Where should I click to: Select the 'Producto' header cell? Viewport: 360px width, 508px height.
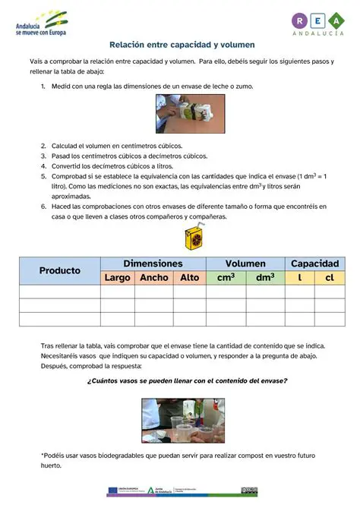[x=60, y=270]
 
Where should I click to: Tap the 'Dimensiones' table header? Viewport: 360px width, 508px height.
[x=153, y=263]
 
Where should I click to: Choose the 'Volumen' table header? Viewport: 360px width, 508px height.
[x=245, y=263]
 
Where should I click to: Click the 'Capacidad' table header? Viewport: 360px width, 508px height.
[x=314, y=263]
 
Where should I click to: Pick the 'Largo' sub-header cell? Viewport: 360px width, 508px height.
[x=117, y=278]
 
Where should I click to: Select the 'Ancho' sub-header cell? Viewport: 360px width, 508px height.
[x=154, y=278]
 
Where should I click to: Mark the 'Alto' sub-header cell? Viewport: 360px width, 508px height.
[x=189, y=278]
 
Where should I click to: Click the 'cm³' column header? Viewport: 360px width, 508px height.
[x=226, y=278]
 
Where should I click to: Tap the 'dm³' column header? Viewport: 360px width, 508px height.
[x=265, y=278]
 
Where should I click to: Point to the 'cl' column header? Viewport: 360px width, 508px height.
[x=330, y=278]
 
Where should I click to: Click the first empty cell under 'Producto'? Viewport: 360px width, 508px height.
[x=60, y=291]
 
